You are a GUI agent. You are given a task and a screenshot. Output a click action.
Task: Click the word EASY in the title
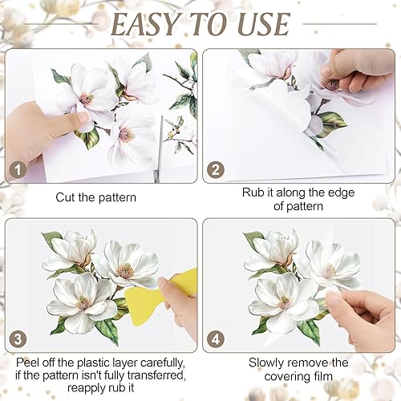pos(145,24)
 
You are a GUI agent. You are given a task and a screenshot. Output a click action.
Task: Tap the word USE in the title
pos(264,24)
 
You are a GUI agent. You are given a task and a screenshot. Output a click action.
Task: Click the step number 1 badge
pos(18,170)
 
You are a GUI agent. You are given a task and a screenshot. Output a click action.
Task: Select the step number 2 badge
pos(216,170)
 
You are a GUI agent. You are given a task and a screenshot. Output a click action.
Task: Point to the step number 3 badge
pos(18,339)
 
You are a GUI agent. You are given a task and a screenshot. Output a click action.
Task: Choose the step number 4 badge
pos(216,339)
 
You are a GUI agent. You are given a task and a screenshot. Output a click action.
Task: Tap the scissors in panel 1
pos(158,150)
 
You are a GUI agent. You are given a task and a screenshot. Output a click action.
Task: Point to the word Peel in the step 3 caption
pos(26,363)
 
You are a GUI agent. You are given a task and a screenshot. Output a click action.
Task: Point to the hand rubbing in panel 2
pos(357,72)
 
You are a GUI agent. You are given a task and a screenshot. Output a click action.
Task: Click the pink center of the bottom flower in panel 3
pos(83,303)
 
